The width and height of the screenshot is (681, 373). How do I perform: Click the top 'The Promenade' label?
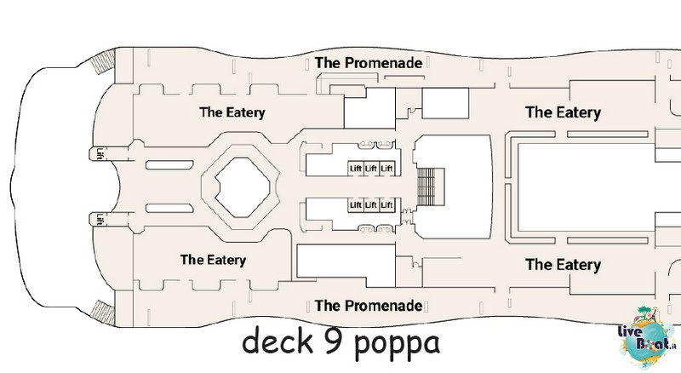click(x=369, y=63)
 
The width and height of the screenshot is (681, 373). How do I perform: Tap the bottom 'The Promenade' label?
click(x=369, y=306)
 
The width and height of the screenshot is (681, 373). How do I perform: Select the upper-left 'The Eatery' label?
click(x=232, y=112)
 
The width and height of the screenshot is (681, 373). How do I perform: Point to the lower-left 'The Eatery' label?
click(x=214, y=260)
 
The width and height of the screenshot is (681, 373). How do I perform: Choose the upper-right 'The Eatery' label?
click(x=564, y=112)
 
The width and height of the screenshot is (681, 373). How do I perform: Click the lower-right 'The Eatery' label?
click(x=564, y=265)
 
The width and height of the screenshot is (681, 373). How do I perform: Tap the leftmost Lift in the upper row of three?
click(x=356, y=169)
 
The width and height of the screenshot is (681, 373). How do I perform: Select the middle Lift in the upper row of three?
click(x=371, y=169)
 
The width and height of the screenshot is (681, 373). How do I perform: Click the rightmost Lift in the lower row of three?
click(x=387, y=204)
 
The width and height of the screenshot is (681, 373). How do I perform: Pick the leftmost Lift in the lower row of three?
click(x=356, y=204)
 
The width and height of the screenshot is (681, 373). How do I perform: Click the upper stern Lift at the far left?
click(x=100, y=154)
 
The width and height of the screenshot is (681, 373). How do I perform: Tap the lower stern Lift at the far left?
click(x=100, y=220)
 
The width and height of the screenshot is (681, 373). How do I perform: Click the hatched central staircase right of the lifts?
click(x=431, y=187)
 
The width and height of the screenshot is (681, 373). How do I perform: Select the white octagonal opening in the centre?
click(x=243, y=187)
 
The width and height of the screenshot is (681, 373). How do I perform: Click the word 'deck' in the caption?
click(x=278, y=341)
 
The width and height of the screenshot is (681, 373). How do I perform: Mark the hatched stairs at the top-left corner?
click(x=103, y=63)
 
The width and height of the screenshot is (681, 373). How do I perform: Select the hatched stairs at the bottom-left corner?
click(x=103, y=313)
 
